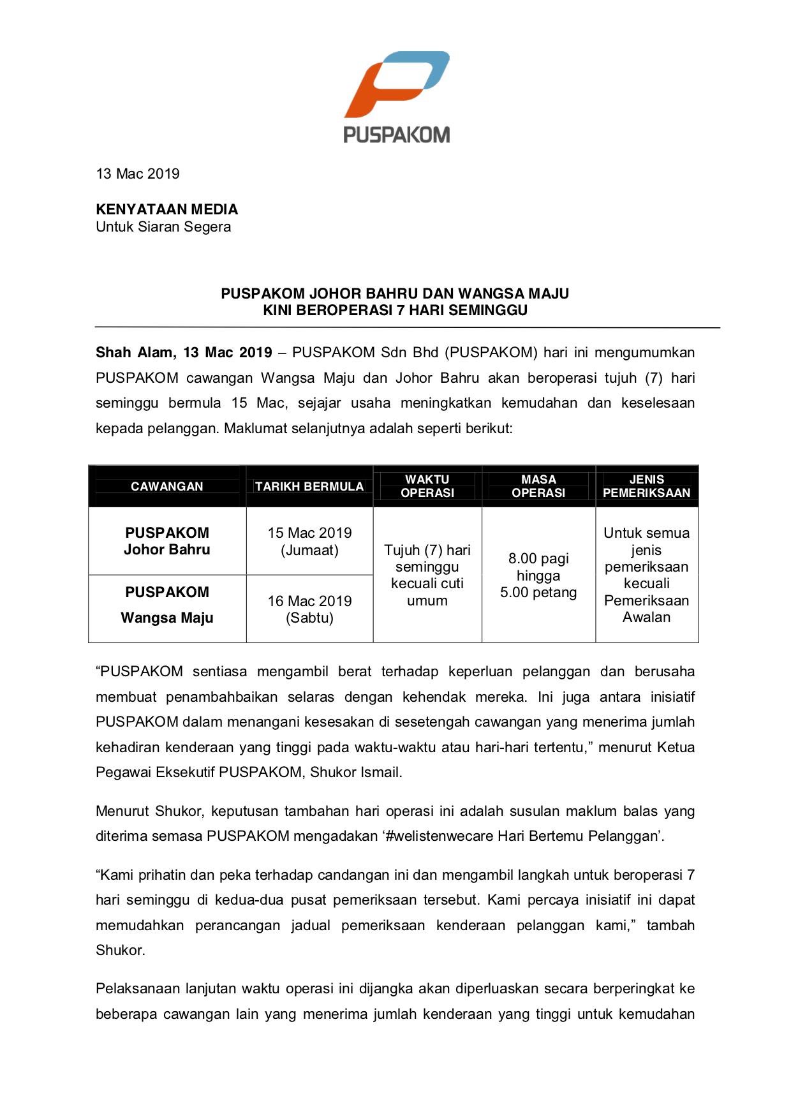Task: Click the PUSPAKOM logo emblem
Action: point(397,84)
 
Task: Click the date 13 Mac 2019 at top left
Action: point(138,174)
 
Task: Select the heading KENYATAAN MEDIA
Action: point(166,209)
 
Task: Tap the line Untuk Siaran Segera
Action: point(163,226)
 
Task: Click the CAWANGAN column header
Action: point(167,486)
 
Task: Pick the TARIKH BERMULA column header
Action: point(309,486)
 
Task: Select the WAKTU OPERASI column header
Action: point(427,486)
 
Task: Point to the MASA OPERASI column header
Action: point(538,486)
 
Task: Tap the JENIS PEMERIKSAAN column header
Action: point(646,486)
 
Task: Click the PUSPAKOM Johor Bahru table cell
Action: point(167,541)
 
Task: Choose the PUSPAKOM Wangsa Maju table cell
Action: point(167,605)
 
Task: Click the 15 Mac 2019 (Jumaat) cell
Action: point(309,541)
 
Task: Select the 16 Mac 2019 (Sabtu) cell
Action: point(309,609)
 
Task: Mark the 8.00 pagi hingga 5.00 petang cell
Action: point(538,575)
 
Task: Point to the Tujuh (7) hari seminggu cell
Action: point(427,575)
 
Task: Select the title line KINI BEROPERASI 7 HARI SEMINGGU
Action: point(395,311)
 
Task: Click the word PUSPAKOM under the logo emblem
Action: point(397,135)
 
